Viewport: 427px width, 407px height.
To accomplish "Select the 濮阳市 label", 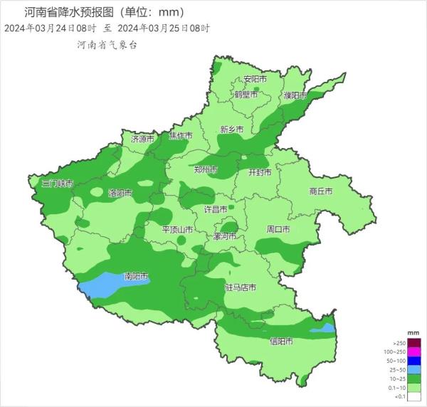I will pos(294,95).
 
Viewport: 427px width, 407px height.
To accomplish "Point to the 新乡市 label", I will pos(231,129).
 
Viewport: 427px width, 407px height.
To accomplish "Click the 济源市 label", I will pos(142,139).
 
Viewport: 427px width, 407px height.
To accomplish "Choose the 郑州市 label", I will pos(206,169).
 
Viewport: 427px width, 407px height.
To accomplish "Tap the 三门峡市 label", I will pos(58,184).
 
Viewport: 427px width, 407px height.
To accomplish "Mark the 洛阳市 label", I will pos(120,193).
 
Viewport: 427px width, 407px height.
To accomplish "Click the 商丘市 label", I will pos(321,191).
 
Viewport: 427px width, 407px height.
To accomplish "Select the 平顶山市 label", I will pos(176,230).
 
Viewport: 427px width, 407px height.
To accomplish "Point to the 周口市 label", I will pos(278,230).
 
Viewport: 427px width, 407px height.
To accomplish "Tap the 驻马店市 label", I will pos(240,287).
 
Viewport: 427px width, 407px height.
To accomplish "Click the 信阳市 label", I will pos(281,341).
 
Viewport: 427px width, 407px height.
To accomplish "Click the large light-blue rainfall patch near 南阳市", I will pos(114,284).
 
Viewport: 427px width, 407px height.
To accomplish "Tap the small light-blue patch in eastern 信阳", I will pos(322,328).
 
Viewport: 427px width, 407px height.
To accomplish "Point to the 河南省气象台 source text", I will pos(107,44).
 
